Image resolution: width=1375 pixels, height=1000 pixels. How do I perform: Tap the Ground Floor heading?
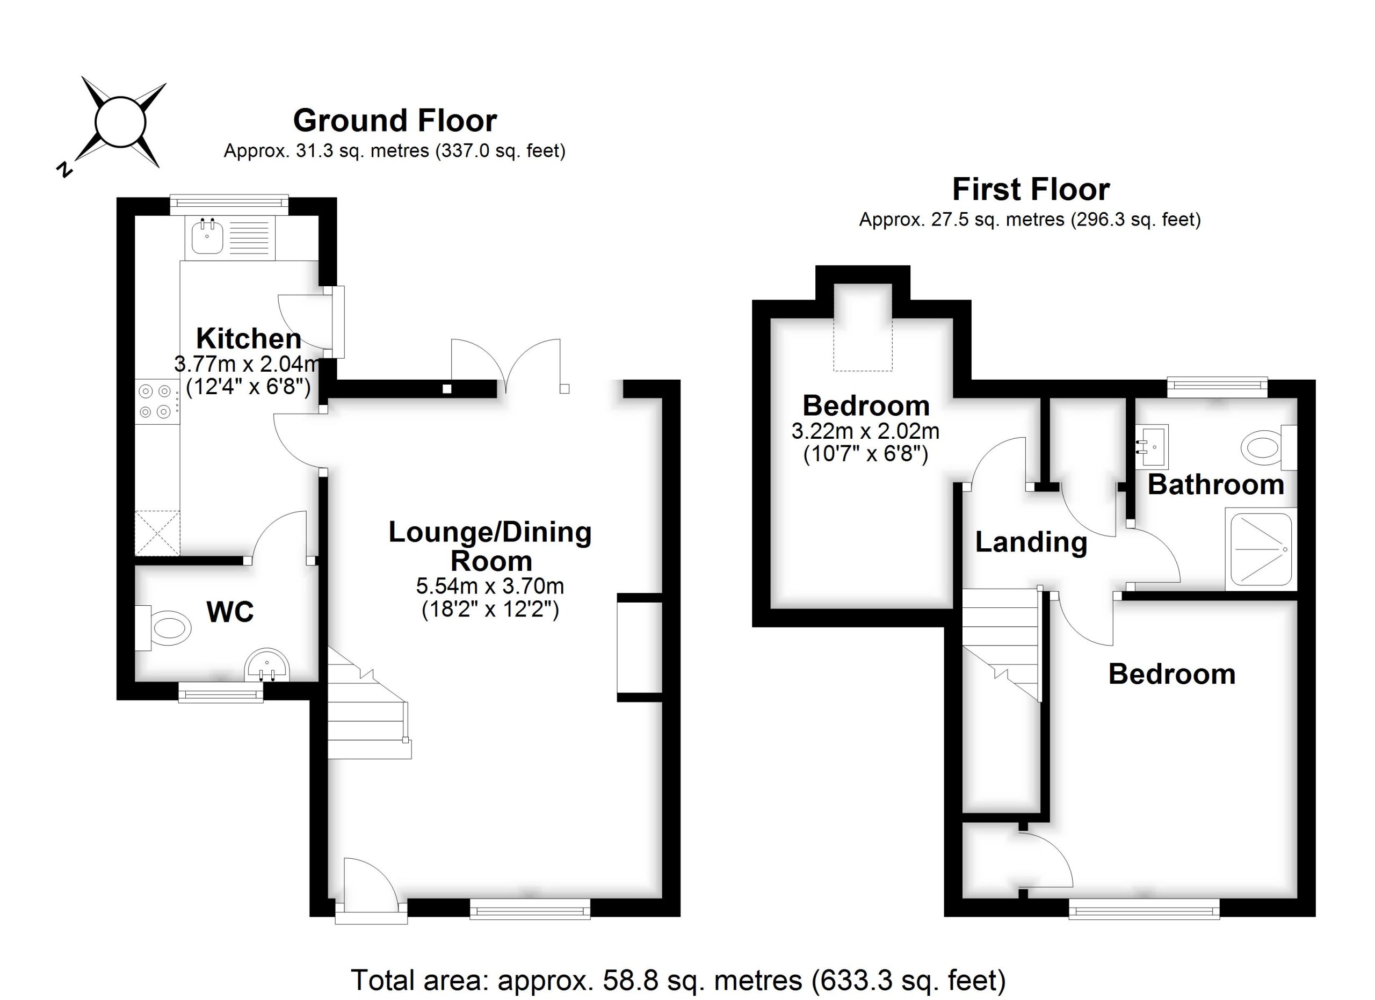pos(395,121)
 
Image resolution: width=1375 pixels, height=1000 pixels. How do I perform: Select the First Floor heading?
pos(1031,190)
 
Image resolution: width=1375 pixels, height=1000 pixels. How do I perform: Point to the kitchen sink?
pos(207,237)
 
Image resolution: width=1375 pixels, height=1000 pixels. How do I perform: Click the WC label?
pos(230,613)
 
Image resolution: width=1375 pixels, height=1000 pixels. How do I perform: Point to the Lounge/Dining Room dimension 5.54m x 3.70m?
pos(490,586)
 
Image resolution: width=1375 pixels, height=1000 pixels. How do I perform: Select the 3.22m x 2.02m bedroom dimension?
pos(865,431)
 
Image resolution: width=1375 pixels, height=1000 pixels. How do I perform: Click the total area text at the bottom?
pos(679,980)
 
